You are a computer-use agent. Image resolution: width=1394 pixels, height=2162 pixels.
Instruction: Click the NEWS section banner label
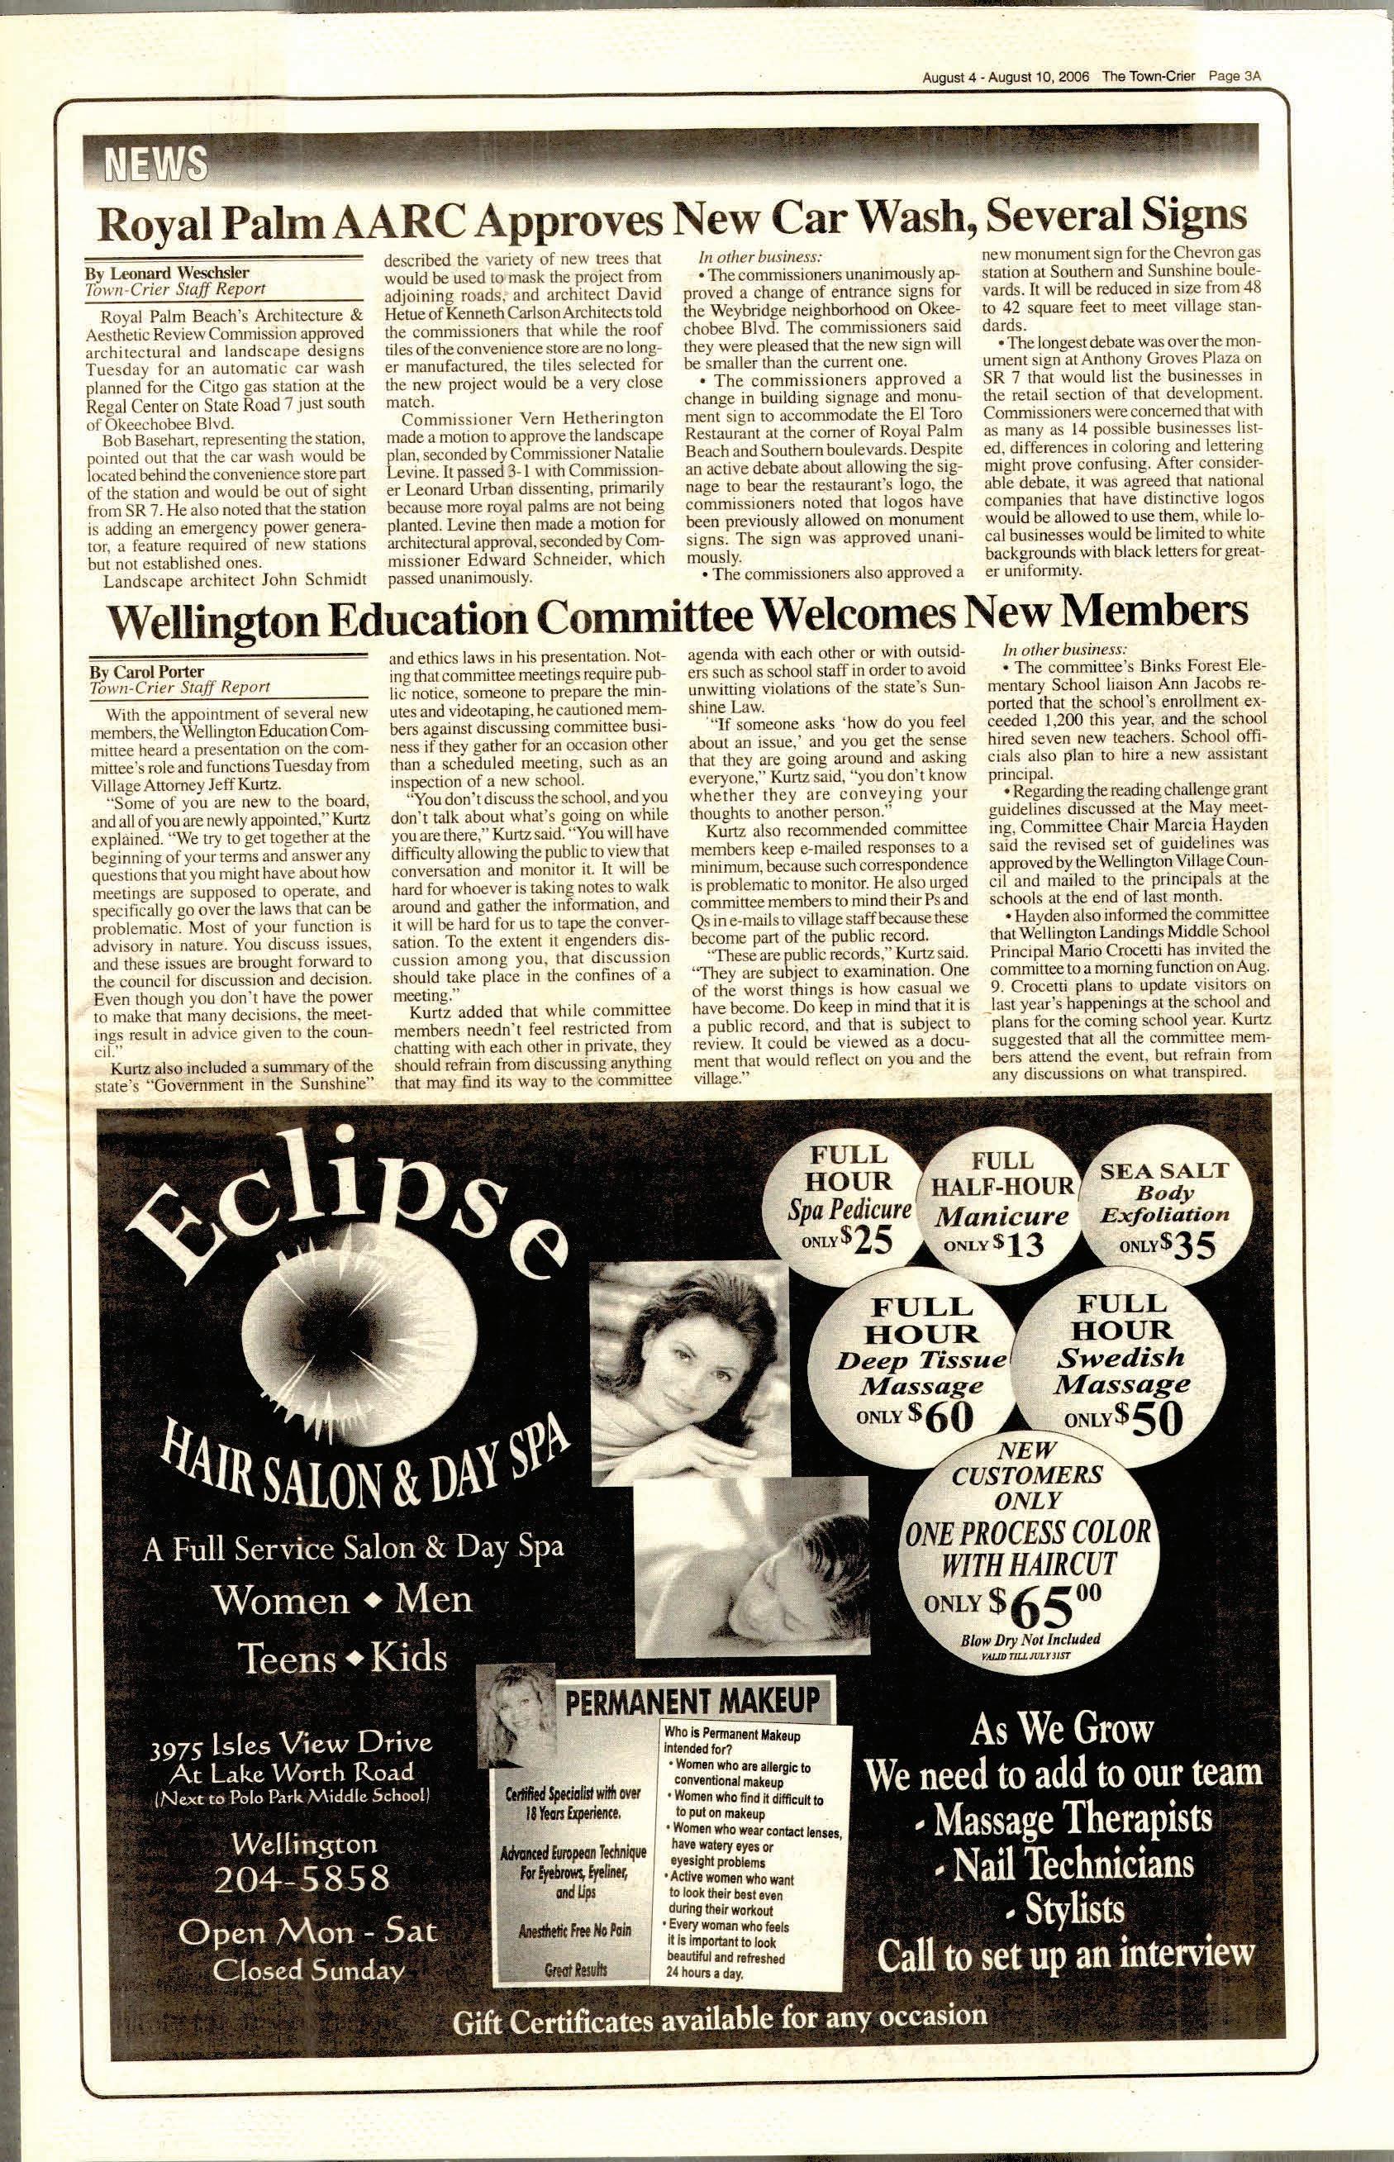click(x=155, y=164)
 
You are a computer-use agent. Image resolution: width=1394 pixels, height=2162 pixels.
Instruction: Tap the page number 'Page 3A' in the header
click(x=1235, y=77)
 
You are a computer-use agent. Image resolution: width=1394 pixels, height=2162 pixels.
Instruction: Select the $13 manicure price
click(x=1012, y=1245)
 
